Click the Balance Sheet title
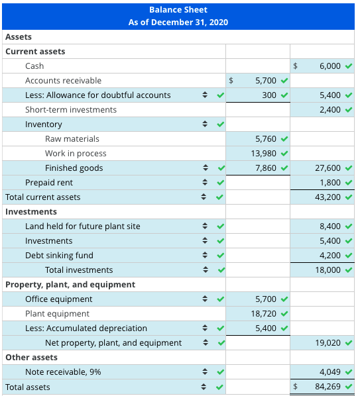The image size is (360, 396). [x=178, y=10]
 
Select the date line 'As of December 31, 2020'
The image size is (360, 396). [x=178, y=23]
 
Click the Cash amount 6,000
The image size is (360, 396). [x=330, y=66]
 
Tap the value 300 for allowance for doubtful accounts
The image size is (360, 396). [x=269, y=95]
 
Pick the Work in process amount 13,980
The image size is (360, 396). [x=263, y=154]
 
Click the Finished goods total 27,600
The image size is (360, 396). [x=328, y=168]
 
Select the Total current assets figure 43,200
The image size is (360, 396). [x=328, y=197]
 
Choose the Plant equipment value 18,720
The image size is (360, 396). [x=263, y=314]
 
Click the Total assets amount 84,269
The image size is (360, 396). [x=328, y=387]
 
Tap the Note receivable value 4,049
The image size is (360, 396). [x=330, y=372]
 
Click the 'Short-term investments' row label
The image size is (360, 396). [x=71, y=110]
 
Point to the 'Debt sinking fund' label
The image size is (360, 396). [x=59, y=256]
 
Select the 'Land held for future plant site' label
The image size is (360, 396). [x=83, y=226]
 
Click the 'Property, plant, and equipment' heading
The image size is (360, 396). [x=70, y=285]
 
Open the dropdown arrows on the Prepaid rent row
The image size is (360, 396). [x=206, y=183]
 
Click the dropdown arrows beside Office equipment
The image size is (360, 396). [x=206, y=299]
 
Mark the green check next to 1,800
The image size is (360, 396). [x=348, y=183]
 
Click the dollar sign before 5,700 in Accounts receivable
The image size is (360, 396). [x=231, y=81]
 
